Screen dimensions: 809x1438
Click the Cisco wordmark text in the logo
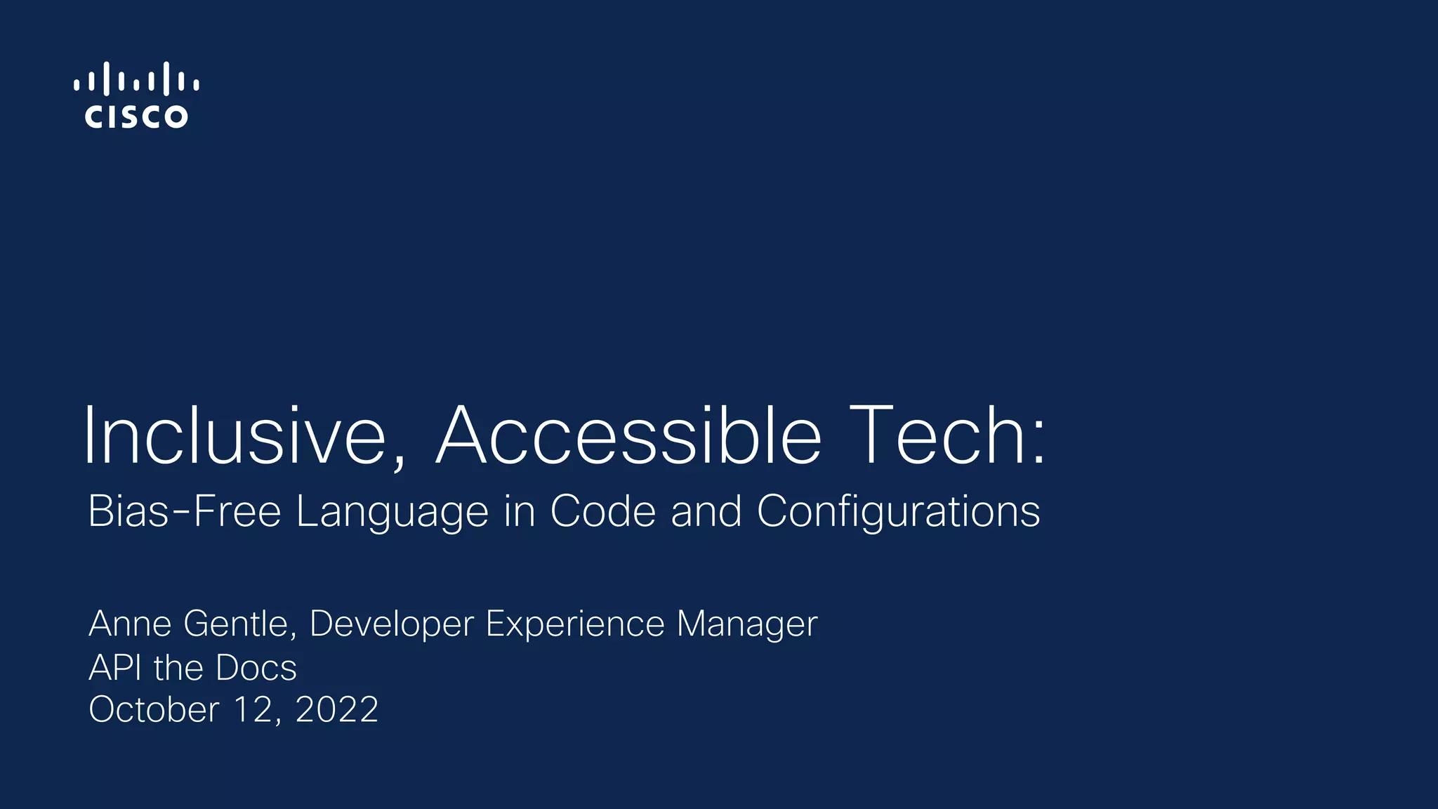136,117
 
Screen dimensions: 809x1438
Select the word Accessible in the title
628,436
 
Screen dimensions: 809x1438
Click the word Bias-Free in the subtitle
184,511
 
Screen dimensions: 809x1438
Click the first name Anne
130,624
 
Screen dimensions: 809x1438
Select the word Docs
256,668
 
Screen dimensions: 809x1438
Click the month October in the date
154,710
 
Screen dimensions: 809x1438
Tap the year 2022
337,710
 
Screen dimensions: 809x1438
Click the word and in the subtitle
706,511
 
